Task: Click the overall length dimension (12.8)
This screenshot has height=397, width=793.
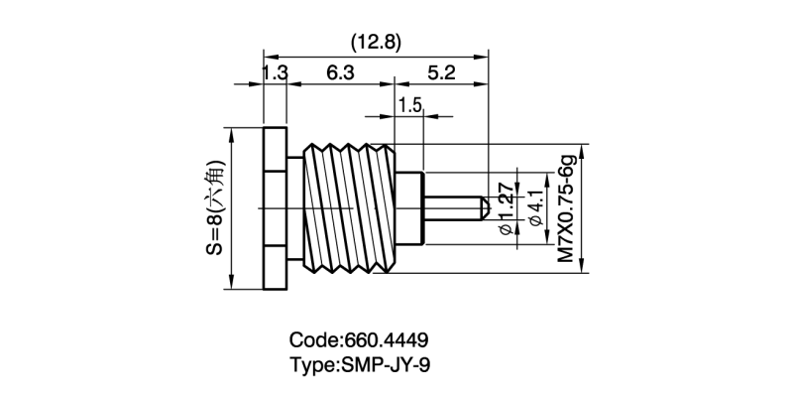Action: tap(376, 42)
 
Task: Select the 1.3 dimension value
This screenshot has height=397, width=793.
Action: tap(276, 72)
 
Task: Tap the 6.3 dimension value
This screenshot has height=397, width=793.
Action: tap(340, 72)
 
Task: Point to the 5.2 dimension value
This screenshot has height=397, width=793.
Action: tap(442, 72)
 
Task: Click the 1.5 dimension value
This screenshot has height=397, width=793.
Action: tap(410, 104)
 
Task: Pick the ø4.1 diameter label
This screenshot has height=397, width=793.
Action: tap(538, 207)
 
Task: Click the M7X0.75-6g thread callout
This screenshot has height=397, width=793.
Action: tap(567, 207)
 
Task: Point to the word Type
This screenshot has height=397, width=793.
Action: tap(312, 364)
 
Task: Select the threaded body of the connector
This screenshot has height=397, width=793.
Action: tap(352, 207)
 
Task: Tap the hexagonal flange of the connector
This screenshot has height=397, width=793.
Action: tap(275, 207)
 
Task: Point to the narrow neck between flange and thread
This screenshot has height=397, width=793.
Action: tap(295, 207)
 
